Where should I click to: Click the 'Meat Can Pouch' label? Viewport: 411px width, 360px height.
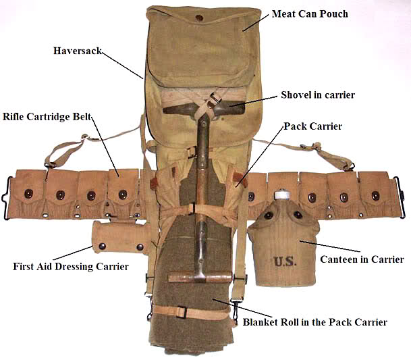[310, 14]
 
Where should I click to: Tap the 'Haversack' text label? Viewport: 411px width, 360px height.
[78, 51]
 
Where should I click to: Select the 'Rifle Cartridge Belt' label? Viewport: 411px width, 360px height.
[47, 117]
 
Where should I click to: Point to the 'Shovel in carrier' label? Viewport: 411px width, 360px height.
[318, 95]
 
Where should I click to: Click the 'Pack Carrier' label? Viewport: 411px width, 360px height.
[313, 126]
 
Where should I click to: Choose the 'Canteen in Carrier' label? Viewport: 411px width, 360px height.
[362, 259]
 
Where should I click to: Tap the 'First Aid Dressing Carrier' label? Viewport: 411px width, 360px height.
[71, 267]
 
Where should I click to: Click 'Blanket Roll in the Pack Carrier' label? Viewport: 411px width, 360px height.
[314, 322]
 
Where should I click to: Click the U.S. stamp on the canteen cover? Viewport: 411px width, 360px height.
[285, 261]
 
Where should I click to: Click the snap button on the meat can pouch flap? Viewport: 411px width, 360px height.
[199, 18]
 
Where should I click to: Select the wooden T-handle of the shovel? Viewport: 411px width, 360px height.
[200, 278]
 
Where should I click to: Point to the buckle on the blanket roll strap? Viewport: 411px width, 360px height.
[182, 312]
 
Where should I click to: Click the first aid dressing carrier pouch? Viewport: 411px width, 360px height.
[121, 237]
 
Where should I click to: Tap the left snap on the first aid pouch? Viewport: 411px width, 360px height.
[102, 247]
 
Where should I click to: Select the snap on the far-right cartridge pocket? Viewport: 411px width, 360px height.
[375, 195]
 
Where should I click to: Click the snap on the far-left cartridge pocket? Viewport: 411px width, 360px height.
[28, 194]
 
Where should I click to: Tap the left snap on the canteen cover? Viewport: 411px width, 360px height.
[269, 215]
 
